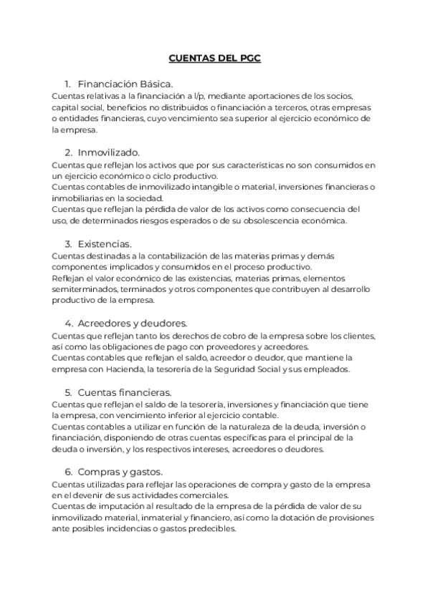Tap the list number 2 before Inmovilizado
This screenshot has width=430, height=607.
(68, 152)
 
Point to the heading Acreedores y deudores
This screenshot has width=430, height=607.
(133, 324)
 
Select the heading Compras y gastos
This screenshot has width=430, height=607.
(120, 472)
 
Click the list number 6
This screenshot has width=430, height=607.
(68, 472)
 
